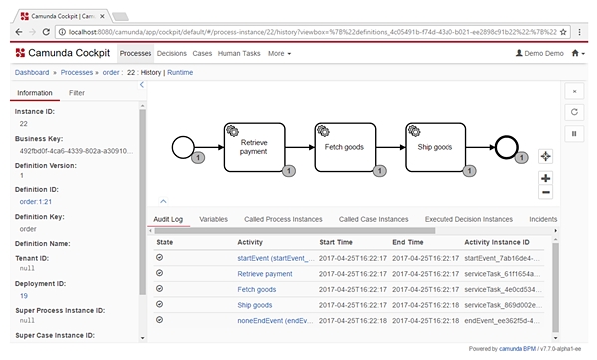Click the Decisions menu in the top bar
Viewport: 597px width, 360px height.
[x=172, y=52]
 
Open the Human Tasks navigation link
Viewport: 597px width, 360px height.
[x=239, y=52]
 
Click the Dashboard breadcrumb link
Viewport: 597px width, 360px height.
[x=32, y=73]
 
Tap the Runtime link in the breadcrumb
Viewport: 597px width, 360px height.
[x=180, y=73]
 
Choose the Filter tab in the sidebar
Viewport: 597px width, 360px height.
[x=77, y=92]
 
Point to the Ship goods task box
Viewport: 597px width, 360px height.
[x=435, y=146]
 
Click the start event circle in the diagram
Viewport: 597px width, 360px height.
[x=183, y=147]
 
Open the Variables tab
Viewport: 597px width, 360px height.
[x=213, y=219]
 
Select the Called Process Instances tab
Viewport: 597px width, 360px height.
[x=284, y=219]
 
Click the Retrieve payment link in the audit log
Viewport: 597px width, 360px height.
[x=265, y=273]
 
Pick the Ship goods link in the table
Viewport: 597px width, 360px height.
[x=255, y=305]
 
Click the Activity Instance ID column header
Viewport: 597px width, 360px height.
[x=510, y=242]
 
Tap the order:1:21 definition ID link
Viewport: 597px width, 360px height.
[x=36, y=201]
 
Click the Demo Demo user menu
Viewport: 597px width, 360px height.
[x=539, y=52]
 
